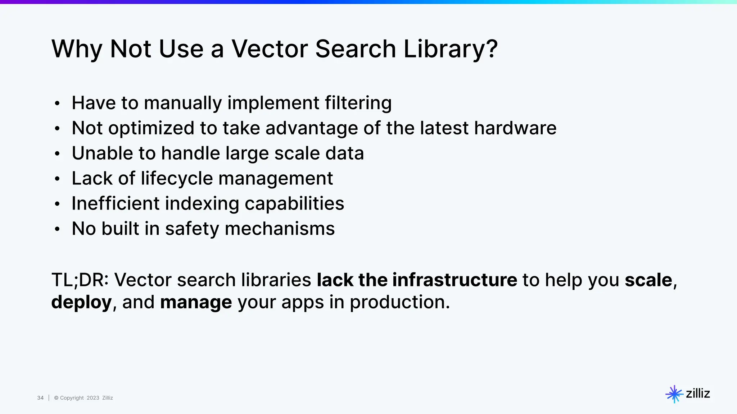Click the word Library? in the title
click(x=451, y=49)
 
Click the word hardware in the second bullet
click(x=515, y=128)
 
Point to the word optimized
click(x=152, y=128)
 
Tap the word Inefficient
click(x=116, y=204)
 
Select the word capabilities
click(x=294, y=204)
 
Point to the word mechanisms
click(x=280, y=229)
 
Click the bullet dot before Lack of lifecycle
click(x=57, y=179)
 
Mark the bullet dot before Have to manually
click(x=57, y=103)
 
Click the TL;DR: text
click(x=80, y=280)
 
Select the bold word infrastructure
click(x=455, y=280)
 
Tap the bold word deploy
click(x=81, y=302)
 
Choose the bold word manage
click(x=196, y=302)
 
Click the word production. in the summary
click(x=400, y=302)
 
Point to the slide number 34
click(x=40, y=398)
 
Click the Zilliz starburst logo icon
click(x=674, y=394)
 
